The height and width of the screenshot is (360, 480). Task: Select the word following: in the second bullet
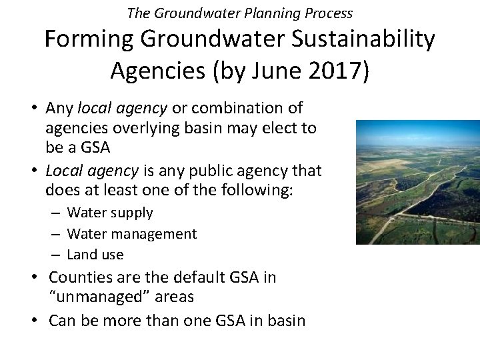coord(262,191)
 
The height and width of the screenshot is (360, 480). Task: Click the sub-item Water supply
coord(110,213)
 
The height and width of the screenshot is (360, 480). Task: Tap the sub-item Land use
coord(95,255)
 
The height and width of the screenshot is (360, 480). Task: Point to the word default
coord(196,277)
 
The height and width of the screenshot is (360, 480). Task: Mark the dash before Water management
coord(56,234)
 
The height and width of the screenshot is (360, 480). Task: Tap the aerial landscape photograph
coord(417,182)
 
